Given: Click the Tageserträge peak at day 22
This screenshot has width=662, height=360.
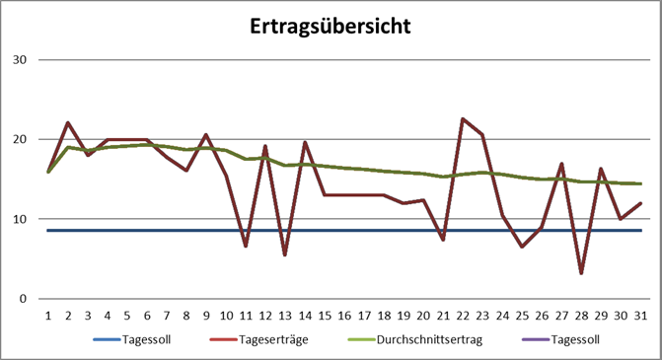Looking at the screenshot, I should tap(463, 118).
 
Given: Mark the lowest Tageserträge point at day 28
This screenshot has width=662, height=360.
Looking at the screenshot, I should tap(582, 273).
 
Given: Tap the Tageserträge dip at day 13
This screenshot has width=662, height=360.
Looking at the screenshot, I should tap(285, 254).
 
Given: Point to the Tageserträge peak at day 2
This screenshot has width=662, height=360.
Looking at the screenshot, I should tap(68, 123).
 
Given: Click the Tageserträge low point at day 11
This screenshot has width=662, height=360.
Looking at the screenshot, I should tap(246, 246).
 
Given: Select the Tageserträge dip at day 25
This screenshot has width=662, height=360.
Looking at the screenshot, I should tap(522, 247).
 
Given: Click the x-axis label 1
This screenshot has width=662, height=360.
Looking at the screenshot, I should tap(48, 316).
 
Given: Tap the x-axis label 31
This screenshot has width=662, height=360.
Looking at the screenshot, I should tap(640, 316).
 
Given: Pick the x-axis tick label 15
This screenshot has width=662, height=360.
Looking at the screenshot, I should tap(325, 316).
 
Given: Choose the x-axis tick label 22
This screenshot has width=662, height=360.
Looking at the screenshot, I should tap(463, 316).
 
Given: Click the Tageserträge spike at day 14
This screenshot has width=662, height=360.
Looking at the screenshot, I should tap(305, 142).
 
